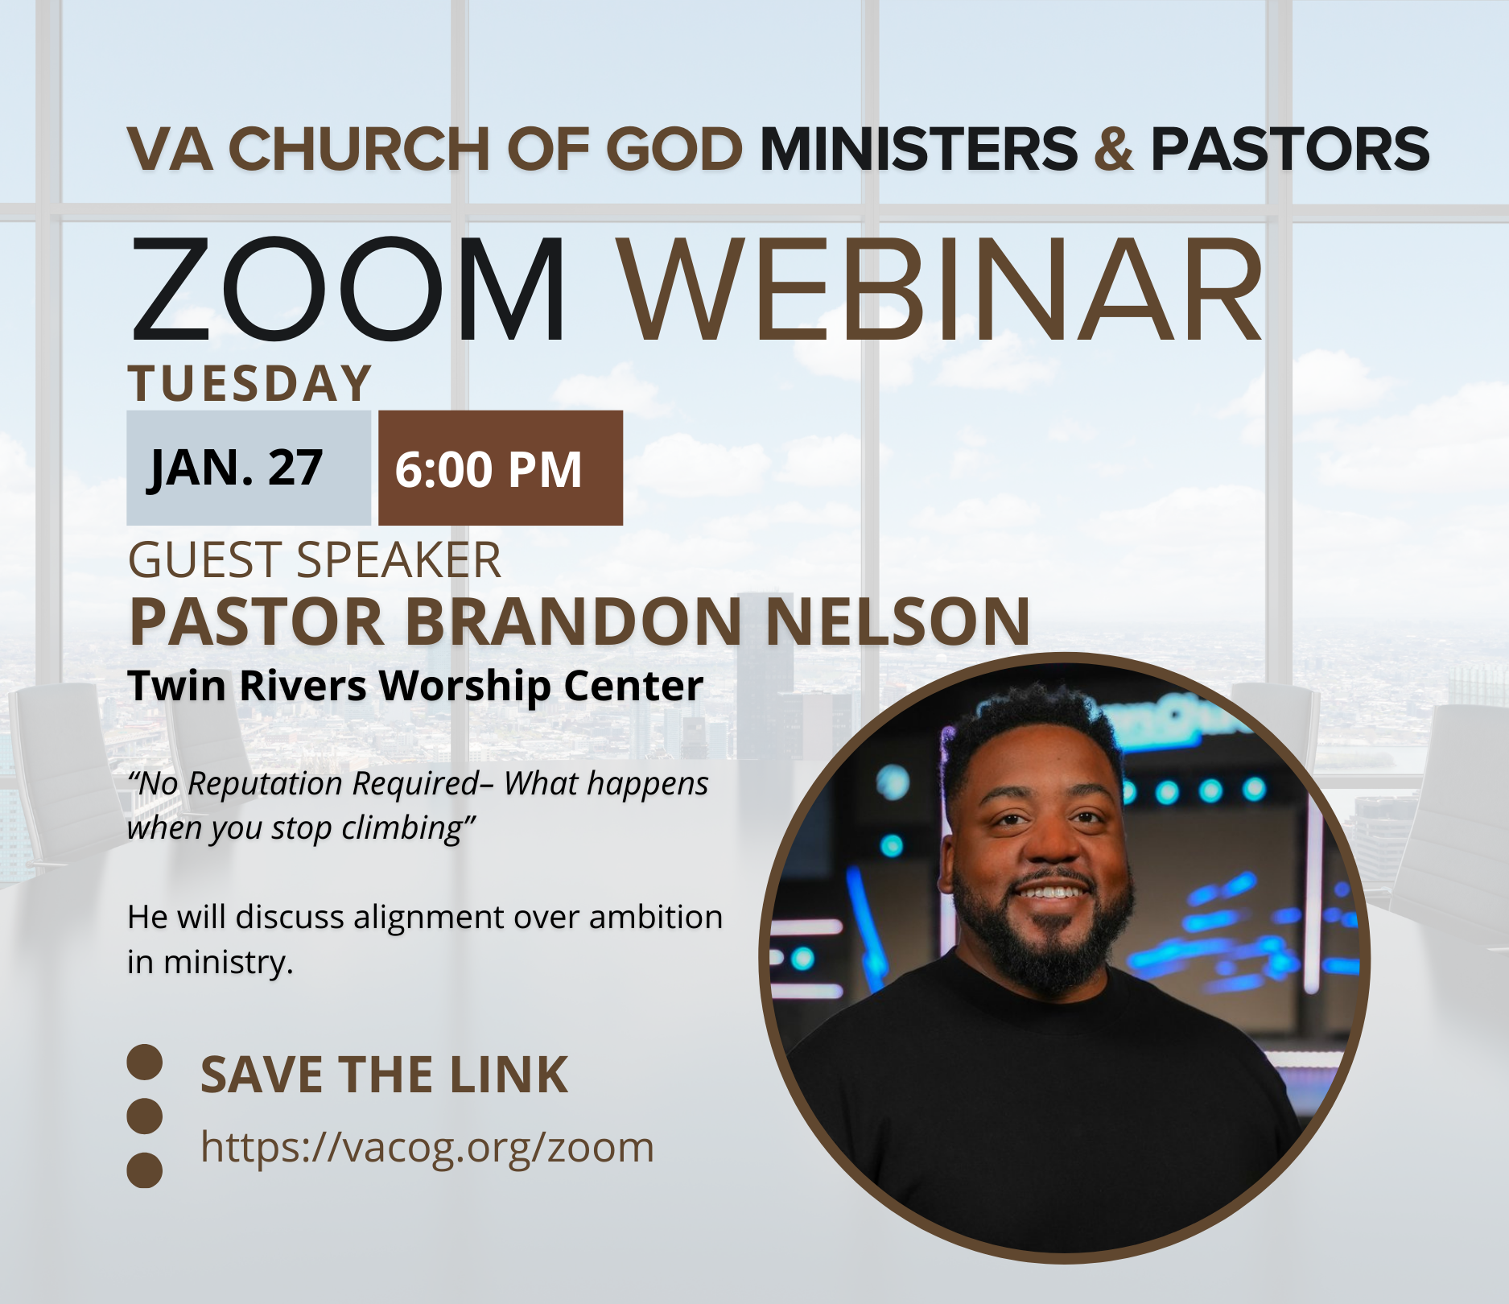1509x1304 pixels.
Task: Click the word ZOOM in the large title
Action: pyautogui.click(x=348, y=291)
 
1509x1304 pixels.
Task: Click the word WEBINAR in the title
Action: pyautogui.click(x=940, y=291)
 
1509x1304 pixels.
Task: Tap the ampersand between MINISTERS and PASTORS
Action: pyautogui.click(x=1114, y=150)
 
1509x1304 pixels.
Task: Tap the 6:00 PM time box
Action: pyautogui.click(x=500, y=468)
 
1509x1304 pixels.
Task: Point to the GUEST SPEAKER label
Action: pyautogui.click(x=315, y=560)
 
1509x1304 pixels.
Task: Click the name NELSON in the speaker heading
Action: pyautogui.click(x=897, y=622)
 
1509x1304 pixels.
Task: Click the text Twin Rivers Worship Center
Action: pyautogui.click(x=415, y=686)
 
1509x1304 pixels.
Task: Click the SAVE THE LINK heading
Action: pyautogui.click(x=384, y=1075)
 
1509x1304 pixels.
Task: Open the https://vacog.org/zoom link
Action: pyautogui.click(x=427, y=1147)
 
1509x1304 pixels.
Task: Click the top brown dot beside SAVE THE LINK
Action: pyautogui.click(x=145, y=1063)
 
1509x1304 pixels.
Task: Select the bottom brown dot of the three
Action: pyautogui.click(x=145, y=1170)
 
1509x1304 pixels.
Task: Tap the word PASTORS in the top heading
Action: pyautogui.click(x=1289, y=150)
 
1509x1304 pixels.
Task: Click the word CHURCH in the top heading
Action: pyautogui.click(x=359, y=150)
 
